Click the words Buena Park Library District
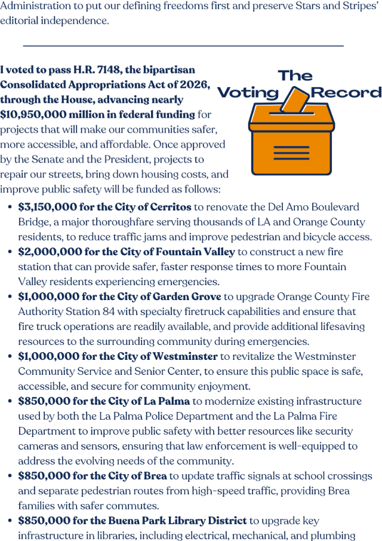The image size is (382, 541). click(x=182, y=521)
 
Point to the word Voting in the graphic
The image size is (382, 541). click(x=248, y=93)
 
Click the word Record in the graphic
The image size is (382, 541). click(x=346, y=93)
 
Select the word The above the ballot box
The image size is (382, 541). click(x=295, y=75)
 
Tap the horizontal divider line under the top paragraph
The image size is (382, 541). click(x=183, y=45)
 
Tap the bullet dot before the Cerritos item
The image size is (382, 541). click(x=11, y=207)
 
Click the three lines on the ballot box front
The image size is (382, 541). click(x=291, y=151)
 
